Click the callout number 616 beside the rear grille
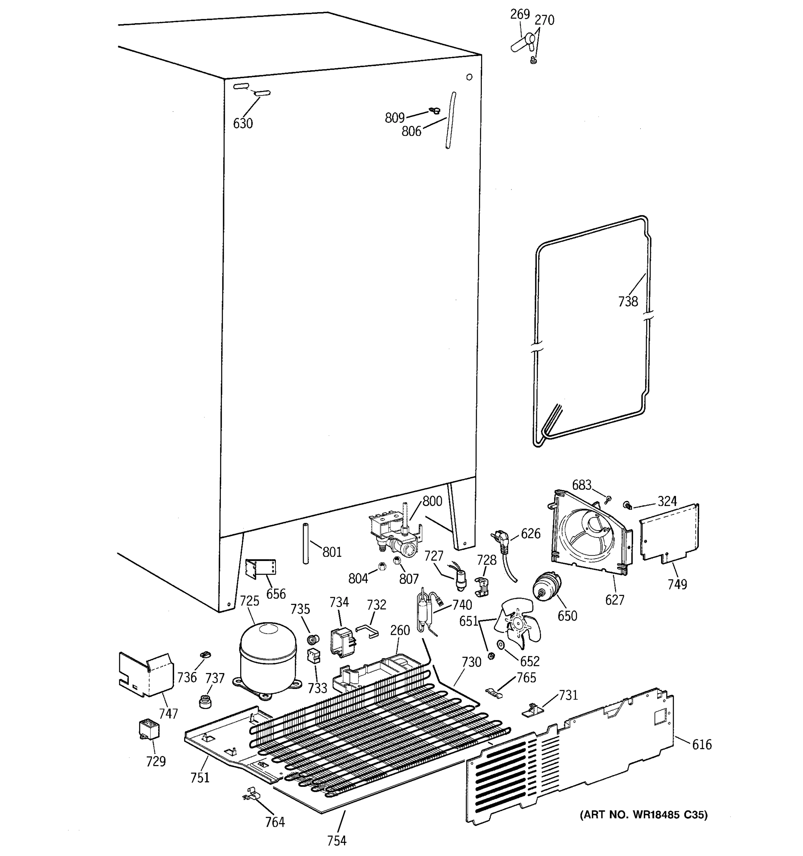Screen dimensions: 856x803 [702, 744]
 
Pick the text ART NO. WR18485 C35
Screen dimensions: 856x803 [643, 815]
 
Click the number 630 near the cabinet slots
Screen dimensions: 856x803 [243, 123]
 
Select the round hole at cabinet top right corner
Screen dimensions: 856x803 [469, 77]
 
